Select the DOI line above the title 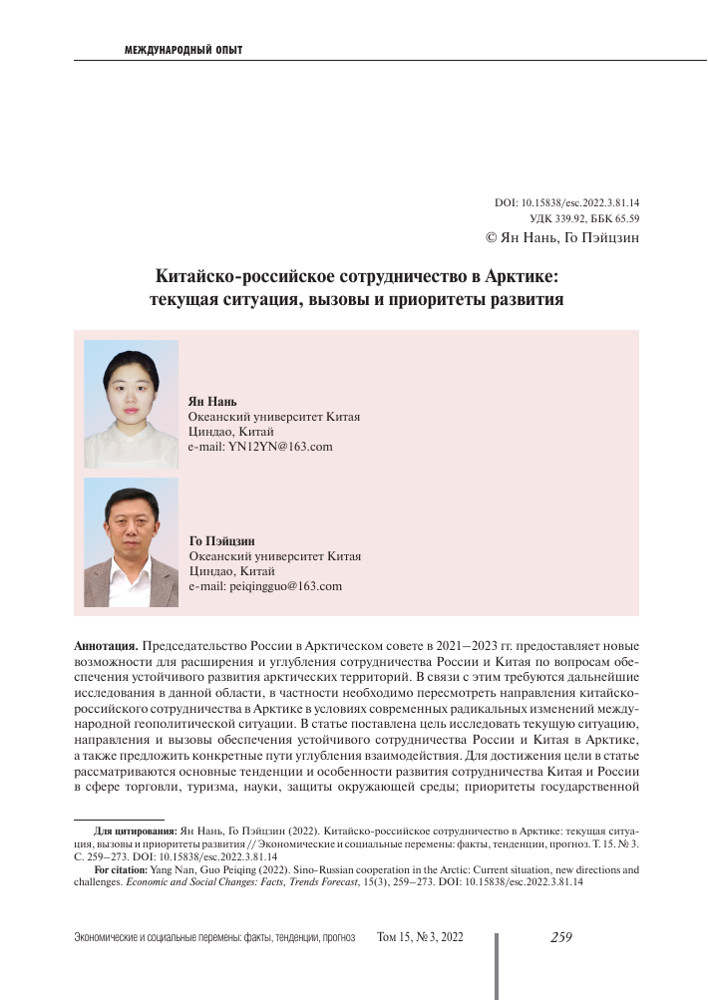[x=566, y=202]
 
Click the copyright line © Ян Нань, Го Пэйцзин [x=561, y=237]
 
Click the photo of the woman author [x=131, y=405]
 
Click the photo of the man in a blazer [x=131, y=542]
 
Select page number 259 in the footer [x=560, y=937]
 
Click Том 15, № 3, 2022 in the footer [x=420, y=938]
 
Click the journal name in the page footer [x=215, y=938]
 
